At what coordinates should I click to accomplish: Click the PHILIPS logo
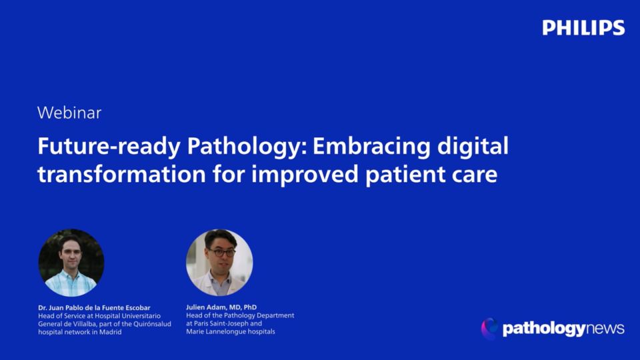coord(583,28)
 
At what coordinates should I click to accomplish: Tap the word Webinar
coord(69,113)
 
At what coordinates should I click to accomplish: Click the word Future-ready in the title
coord(109,147)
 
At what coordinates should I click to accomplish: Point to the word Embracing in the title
coord(371,147)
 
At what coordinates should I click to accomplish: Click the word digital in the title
coord(473,147)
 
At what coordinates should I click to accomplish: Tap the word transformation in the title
coord(121,174)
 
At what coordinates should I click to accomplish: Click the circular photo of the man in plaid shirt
coord(71,263)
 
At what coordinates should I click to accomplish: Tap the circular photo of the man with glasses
coord(219,263)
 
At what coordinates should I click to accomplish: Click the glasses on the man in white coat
coord(221,252)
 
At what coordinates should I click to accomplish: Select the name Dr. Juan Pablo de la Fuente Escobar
coord(94,308)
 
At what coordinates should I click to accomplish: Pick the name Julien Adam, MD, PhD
coord(221,307)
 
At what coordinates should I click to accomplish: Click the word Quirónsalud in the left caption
coord(152,324)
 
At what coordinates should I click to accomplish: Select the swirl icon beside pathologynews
coord(489,329)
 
